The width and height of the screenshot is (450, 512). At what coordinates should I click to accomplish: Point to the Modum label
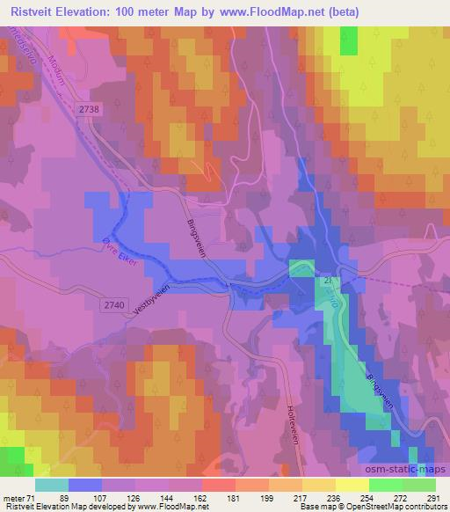click(x=60, y=67)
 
